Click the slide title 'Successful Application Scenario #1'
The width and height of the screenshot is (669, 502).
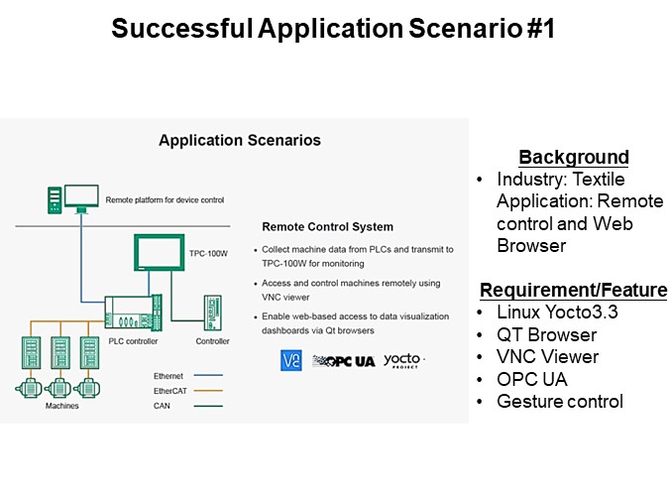[x=333, y=29]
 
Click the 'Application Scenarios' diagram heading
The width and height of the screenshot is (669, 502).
[x=240, y=141]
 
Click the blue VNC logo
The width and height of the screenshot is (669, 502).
[x=291, y=360]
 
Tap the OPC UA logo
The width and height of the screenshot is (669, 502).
[x=343, y=361]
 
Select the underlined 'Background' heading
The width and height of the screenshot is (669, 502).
[x=573, y=157]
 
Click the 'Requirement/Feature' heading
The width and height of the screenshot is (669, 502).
[x=573, y=290]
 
